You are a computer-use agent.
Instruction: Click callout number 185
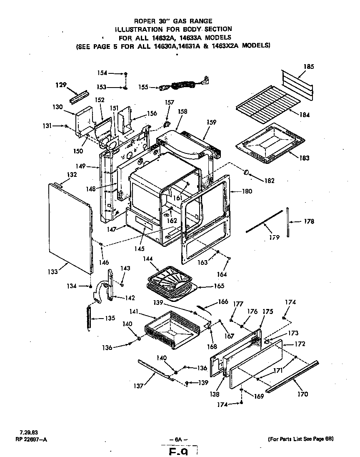coord(309,66)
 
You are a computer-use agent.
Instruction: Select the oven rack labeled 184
coord(269,107)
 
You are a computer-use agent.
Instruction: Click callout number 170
coord(303,394)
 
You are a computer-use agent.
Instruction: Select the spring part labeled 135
coord(88,318)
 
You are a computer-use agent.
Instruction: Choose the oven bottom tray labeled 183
coord(271,142)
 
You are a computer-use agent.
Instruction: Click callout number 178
coord(309,221)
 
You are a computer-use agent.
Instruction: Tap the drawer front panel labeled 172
coord(256,363)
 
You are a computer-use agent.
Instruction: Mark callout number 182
coord(270,181)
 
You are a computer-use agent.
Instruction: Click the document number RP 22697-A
coord(28,438)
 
